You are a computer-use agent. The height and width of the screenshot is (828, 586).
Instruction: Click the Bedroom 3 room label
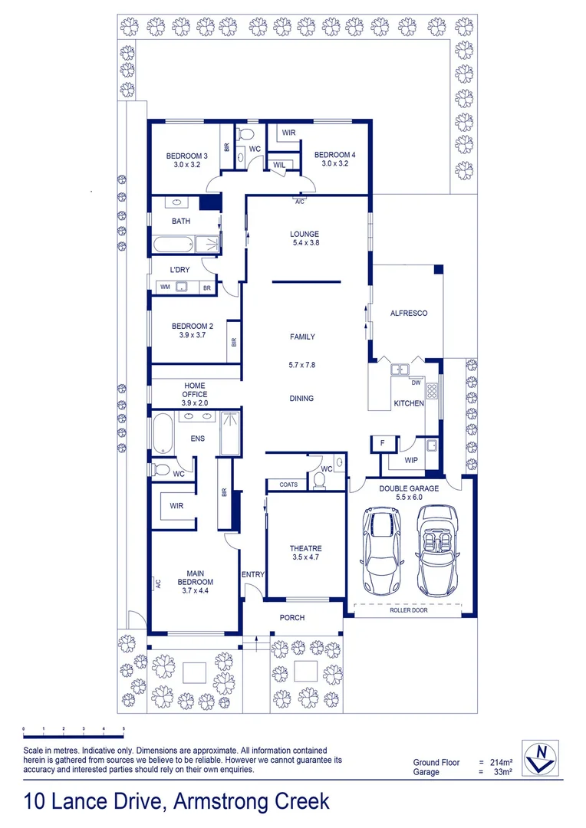[x=186, y=160]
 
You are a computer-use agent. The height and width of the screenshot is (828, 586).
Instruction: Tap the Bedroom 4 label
[x=335, y=159]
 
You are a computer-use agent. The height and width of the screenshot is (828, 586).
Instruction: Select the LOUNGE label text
[x=305, y=234]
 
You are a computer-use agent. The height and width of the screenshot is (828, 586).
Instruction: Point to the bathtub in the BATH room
[x=173, y=245]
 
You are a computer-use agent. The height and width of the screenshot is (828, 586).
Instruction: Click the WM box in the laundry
[x=166, y=287]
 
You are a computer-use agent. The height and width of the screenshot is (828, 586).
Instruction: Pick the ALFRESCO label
[x=409, y=313]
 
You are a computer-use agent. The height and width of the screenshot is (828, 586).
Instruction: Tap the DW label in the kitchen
[x=416, y=383]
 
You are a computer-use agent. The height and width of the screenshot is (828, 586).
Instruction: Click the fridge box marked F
[x=383, y=444]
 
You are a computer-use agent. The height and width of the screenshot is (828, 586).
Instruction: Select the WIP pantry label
[x=411, y=460]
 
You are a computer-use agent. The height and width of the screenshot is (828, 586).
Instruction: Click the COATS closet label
[x=288, y=485]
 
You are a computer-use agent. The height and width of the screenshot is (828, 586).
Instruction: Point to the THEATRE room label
[x=305, y=552]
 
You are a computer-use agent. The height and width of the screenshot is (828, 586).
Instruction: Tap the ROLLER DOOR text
[x=409, y=610]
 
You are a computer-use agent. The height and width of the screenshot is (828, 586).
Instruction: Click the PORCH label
[x=292, y=617]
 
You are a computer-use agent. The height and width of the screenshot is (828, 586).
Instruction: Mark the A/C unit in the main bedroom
[x=156, y=583]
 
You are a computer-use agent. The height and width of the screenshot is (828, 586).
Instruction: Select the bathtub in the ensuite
[x=163, y=433]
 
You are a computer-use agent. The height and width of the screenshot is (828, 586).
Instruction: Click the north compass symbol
[x=541, y=758]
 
